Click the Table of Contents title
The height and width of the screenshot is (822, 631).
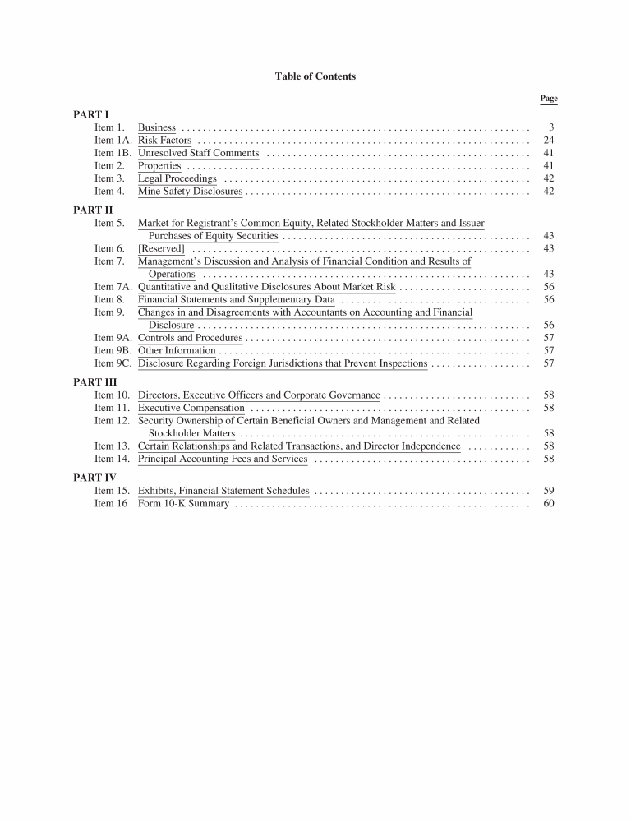(x=315, y=76)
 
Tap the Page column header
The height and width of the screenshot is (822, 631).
(x=549, y=99)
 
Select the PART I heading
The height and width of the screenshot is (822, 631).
(x=90, y=114)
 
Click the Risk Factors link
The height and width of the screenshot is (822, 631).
(x=164, y=141)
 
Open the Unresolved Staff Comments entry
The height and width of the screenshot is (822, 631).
(x=198, y=153)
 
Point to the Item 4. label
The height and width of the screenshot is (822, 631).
(x=109, y=192)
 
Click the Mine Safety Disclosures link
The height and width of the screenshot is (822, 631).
(x=190, y=192)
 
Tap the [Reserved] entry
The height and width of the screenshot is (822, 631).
(x=161, y=248)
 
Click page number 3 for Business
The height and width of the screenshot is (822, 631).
(x=551, y=127)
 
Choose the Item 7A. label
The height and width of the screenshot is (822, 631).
(x=113, y=287)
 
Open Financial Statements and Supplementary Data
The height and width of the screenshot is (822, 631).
(x=236, y=299)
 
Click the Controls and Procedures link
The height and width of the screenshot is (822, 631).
(x=190, y=338)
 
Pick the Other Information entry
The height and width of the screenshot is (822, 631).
(x=177, y=350)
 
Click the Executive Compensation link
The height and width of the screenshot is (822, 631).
(x=191, y=408)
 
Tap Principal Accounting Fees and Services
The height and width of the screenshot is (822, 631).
(x=222, y=459)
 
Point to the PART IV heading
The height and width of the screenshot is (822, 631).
(x=94, y=478)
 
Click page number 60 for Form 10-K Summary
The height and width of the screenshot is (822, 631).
(x=549, y=504)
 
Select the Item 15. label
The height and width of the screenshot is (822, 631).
(x=112, y=491)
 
